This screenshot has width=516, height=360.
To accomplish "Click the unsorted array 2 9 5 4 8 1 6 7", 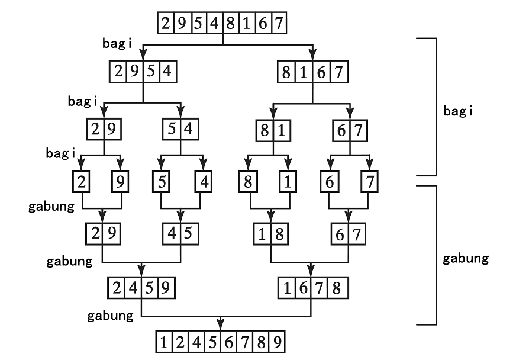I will click(222, 24).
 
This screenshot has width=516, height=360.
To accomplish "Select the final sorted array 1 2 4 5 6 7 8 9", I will click(220, 343).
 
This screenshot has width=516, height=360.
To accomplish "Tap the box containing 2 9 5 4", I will click(143, 73).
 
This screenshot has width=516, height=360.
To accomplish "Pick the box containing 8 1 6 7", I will click(312, 73).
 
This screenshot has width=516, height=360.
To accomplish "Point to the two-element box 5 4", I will click(180, 129).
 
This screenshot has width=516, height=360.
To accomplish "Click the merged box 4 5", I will click(180, 233).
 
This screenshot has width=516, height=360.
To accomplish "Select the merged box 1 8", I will click(272, 233).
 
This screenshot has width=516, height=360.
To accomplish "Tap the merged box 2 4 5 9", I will click(142, 289).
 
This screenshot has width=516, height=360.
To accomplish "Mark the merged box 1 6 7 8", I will click(312, 289).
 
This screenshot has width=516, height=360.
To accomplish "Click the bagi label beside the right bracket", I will click(458, 111).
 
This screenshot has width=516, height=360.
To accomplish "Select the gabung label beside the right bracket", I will click(466, 259).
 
